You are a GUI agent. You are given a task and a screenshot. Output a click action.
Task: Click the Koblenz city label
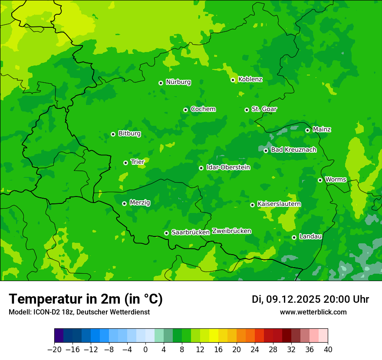coord(250,79)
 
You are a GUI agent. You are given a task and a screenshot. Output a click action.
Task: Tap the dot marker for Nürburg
coord(161,82)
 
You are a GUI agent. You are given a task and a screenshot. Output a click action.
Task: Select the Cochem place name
coord(203,109)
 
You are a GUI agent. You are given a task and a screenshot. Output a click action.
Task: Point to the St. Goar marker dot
coord(247,110)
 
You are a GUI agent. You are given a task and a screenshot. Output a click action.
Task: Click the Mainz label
coord(322,130)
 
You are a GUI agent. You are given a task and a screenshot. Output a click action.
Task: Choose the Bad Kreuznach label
coord(293,150)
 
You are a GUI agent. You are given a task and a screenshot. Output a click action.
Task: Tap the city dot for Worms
coord(320,180)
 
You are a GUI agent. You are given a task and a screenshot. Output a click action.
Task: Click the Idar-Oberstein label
coord(228,167)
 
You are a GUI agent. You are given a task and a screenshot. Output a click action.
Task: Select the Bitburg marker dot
coord(113,134)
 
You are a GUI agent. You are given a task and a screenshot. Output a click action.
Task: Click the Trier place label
coord(138,162)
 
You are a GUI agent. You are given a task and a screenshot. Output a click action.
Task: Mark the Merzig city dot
coord(124,203)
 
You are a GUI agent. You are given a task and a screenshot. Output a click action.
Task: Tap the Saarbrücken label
coord(191,232)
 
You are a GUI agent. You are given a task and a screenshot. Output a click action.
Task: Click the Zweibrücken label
coord(231,231)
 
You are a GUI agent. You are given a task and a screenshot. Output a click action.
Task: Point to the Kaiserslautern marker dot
coord(252,205)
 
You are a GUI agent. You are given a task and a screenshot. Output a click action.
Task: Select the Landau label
coord(310,237)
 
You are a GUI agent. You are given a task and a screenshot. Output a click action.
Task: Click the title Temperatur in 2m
coord(86,299)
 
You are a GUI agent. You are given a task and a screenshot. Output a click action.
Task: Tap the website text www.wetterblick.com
coord(313,312)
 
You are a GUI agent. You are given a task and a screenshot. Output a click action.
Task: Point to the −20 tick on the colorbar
coord(54,350)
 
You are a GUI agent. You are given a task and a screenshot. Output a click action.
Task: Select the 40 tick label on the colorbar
coord(328,350)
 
